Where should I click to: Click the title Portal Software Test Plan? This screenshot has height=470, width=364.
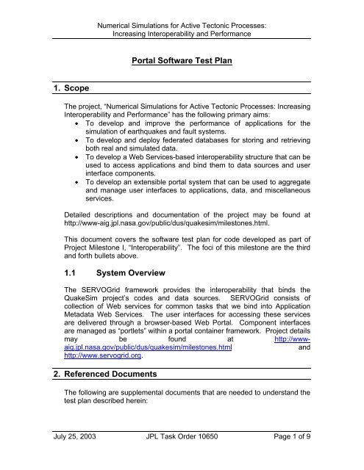tap(182, 65)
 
